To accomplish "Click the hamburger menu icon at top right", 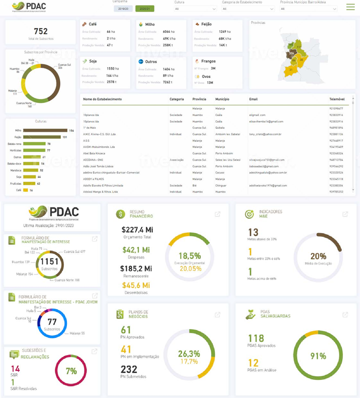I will tap(350, 7).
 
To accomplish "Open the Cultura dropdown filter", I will tap(195, 9).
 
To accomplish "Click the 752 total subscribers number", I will tap(40, 31).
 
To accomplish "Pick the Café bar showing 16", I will tap(25, 190).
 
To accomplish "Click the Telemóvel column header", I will tap(336, 99).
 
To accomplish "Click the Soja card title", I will tap(93, 61).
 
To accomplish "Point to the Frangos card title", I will tap(208, 61).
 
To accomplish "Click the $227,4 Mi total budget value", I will tap(137, 229).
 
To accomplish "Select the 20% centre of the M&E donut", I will tap(318, 256).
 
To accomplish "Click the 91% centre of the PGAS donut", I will tap(318, 356).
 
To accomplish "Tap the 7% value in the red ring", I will tap(71, 371).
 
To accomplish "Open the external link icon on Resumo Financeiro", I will tap(217, 214).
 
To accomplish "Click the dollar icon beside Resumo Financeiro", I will tap(120, 214).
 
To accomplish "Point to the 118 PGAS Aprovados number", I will tap(256, 338).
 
